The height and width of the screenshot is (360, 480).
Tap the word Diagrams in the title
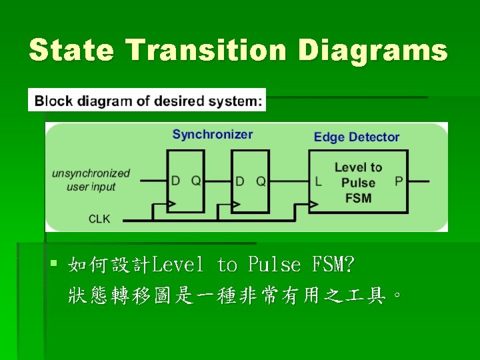tap(373, 50)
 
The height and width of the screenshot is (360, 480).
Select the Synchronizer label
tap(213, 135)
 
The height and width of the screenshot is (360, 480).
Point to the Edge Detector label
tap(357, 137)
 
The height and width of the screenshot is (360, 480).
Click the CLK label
tap(99, 219)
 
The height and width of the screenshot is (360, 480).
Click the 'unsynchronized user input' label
tap(91, 180)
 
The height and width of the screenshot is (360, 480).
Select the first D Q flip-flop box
tap(185, 181)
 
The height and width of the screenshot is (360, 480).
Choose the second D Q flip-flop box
tap(251, 181)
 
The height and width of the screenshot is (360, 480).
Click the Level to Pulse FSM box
tap(358, 181)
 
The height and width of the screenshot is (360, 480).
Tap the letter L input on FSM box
tap(318, 181)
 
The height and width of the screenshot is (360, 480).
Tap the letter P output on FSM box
tap(399, 181)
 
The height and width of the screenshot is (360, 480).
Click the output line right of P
tap(420, 181)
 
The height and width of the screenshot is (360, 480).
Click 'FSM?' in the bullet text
tap(332, 265)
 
